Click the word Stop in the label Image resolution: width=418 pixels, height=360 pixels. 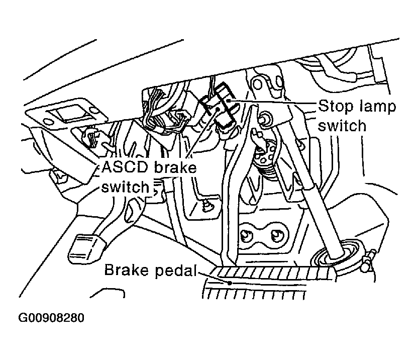coord(334,107)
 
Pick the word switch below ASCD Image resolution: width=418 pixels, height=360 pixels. coord(126,187)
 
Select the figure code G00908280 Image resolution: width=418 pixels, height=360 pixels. coord(51,318)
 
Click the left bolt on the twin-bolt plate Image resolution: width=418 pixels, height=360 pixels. coord(247,235)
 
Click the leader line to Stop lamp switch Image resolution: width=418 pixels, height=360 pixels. coord(276,103)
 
